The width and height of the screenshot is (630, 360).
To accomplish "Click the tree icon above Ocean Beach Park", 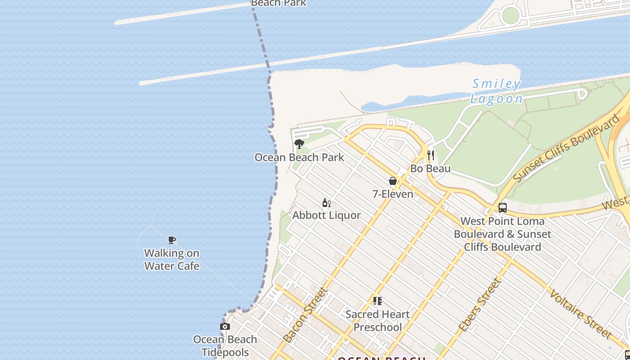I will [299, 144].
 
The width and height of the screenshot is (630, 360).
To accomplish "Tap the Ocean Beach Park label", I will [299, 157].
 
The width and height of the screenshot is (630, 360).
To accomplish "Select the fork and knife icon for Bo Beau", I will [431, 155].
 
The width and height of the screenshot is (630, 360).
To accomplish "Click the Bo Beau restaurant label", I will [431, 169].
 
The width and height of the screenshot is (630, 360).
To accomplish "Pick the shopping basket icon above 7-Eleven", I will [393, 181].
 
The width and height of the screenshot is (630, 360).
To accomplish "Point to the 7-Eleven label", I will [393, 194].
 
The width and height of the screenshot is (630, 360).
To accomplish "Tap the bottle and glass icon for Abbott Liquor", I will [327, 203].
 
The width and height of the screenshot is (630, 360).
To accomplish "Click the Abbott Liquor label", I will [327, 216].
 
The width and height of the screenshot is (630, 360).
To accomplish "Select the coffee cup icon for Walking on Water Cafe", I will [172, 240].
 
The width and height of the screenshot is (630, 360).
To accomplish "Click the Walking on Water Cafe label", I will [171, 260].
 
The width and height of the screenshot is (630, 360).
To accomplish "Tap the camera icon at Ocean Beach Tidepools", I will [225, 327].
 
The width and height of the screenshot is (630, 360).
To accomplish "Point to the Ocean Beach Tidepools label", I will [225, 346].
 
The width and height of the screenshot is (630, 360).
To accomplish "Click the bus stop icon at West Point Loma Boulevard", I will [503, 208].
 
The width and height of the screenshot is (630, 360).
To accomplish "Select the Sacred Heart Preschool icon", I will [377, 301].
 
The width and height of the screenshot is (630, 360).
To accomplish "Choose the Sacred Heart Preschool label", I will [377, 320].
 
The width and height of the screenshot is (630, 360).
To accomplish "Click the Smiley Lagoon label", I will [497, 91].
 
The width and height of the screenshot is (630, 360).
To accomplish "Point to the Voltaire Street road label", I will [580, 314].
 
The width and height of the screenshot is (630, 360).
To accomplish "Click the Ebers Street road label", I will [480, 305].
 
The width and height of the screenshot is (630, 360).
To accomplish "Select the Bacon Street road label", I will [305, 315].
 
